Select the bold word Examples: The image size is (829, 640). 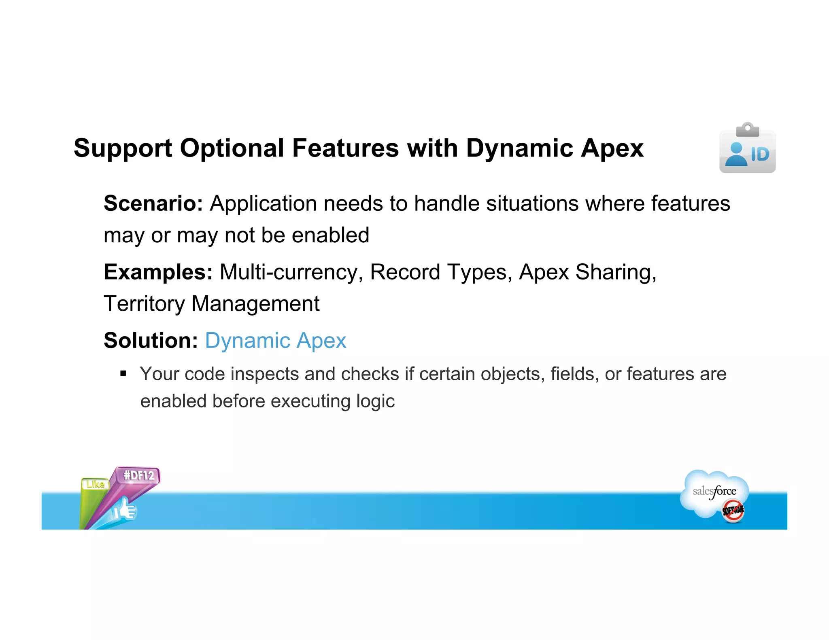pos(158,272)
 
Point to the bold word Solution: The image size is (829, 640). pos(151,340)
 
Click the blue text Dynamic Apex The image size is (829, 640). pos(275,340)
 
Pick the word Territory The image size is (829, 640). pos(144,303)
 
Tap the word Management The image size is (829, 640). pos(255,303)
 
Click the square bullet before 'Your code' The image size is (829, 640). pos(123,373)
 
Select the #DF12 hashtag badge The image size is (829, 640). pos(139,475)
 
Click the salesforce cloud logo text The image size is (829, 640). pos(714,492)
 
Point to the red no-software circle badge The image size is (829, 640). pos(733,511)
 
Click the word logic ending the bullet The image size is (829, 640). pos(375,401)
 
